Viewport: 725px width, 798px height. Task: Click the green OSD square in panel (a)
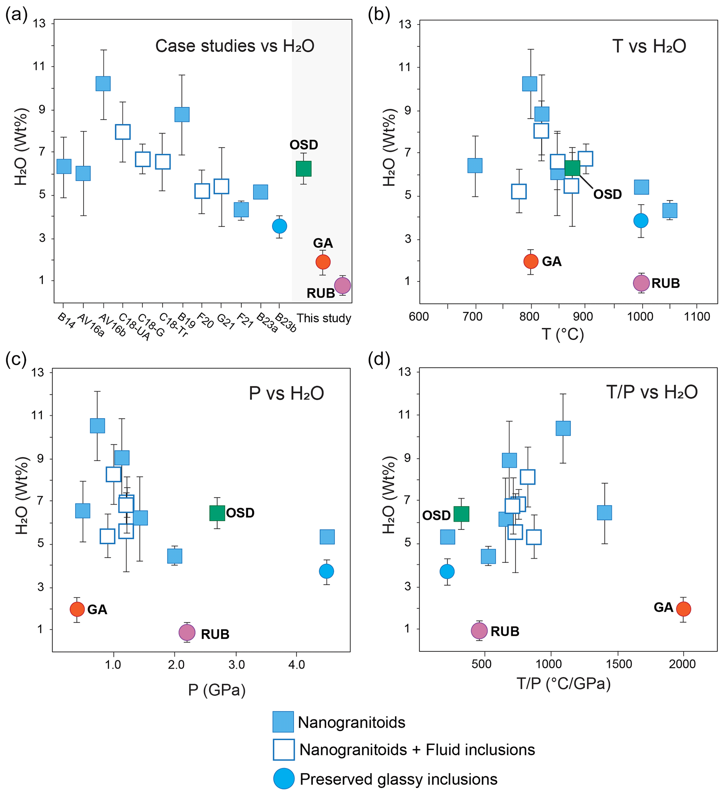[303, 169]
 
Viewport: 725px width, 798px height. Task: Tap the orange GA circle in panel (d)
[684, 609]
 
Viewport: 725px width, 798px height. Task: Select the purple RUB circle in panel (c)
[187, 633]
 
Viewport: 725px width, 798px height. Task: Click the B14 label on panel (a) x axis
[66, 321]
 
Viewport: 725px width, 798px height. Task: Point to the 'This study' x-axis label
[324, 318]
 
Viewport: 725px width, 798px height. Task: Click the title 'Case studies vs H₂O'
[235, 46]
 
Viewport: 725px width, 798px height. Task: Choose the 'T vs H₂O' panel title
[649, 46]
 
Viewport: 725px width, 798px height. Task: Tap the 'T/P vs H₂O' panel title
[652, 392]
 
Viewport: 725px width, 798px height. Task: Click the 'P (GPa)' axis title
[216, 690]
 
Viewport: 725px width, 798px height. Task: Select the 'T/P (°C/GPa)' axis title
[564, 683]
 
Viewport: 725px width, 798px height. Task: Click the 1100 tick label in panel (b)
[697, 317]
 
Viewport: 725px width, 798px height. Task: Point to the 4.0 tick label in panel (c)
[296, 665]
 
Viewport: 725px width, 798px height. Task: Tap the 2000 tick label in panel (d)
[682, 664]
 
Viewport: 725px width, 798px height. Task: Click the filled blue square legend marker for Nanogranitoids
[283, 722]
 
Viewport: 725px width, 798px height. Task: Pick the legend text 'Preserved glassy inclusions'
[398, 779]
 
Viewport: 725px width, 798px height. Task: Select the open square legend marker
[283, 750]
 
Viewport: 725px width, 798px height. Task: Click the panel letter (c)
[16, 359]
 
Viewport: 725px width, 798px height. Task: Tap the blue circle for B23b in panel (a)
[280, 226]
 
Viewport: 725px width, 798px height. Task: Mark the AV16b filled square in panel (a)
[103, 84]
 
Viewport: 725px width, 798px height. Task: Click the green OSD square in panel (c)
[217, 513]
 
